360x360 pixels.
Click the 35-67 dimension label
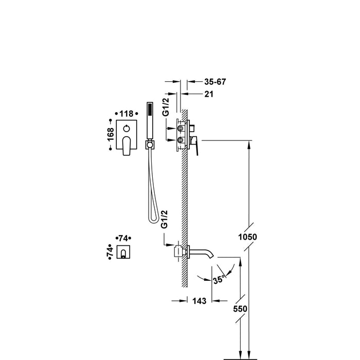[x=215, y=82]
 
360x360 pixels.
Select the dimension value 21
[x=209, y=94]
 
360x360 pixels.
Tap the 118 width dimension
[x=127, y=114]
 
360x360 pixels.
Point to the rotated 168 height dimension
[x=110, y=134]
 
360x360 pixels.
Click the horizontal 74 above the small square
[x=123, y=238]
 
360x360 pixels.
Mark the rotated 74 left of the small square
[x=110, y=251]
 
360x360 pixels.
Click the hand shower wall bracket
[x=150, y=145]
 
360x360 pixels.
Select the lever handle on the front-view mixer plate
[x=128, y=145]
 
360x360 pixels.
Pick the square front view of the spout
[x=123, y=252]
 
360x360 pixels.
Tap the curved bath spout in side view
[x=203, y=252]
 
